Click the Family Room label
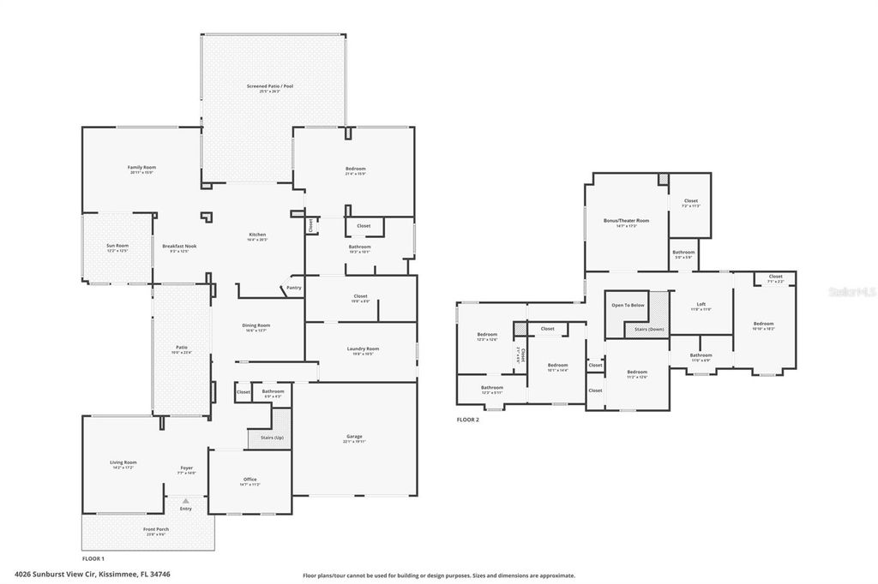pos(141,167)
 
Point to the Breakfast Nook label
pos(179,246)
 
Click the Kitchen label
pos(257,234)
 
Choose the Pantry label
pos(294,288)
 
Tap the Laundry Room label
pos(363,349)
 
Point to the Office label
pos(250,479)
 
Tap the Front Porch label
pos(156,529)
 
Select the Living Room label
pos(123,462)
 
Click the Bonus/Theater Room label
pos(626,220)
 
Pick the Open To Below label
pos(628,305)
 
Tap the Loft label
pos(701,304)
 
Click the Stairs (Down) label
pos(650,328)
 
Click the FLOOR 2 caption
pos(468,420)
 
